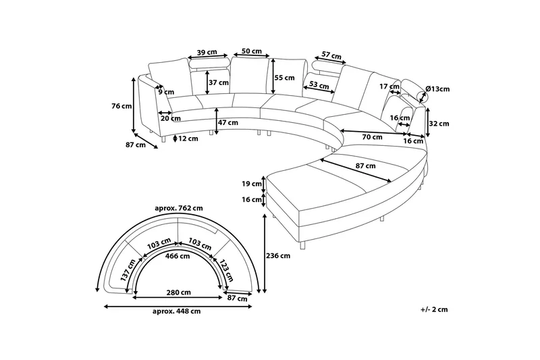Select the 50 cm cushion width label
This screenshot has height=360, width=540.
tap(251, 51)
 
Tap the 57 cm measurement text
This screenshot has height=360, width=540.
tap(330, 55)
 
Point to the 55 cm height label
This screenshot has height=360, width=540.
tap(285, 78)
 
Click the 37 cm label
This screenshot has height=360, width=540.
tap(219, 82)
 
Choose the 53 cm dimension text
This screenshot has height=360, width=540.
tap(319, 84)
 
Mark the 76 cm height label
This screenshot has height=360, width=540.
tap(122, 106)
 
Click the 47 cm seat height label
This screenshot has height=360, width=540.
tap(228, 123)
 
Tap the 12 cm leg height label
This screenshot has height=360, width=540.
tap(188, 138)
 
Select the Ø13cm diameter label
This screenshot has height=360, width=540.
tap(438, 89)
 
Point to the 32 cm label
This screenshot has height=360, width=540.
tap(439, 124)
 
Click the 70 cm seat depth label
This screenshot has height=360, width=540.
tap(372, 137)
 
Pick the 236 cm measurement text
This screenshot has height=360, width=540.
tap(279, 256)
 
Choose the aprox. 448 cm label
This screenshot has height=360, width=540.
tap(177, 311)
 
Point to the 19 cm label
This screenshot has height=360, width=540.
tap(252, 183)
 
